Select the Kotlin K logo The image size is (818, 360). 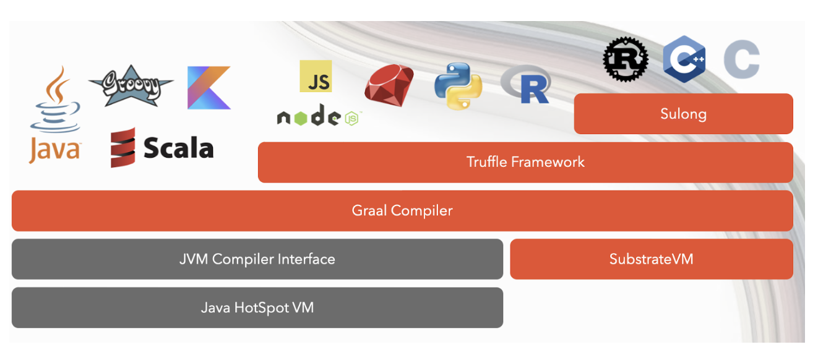click(209, 88)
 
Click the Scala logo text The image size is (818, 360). click(178, 148)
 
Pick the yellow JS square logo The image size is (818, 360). click(316, 77)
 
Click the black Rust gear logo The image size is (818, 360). click(626, 59)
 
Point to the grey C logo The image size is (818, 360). click(741, 59)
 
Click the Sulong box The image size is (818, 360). click(683, 114)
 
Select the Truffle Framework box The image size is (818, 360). click(525, 162)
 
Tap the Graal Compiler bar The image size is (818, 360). click(402, 210)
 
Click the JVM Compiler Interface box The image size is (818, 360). click(257, 259)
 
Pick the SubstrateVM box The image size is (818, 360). click(651, 259)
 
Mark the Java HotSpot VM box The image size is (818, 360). click(257, 307)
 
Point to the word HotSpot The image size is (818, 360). click(260, 307)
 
